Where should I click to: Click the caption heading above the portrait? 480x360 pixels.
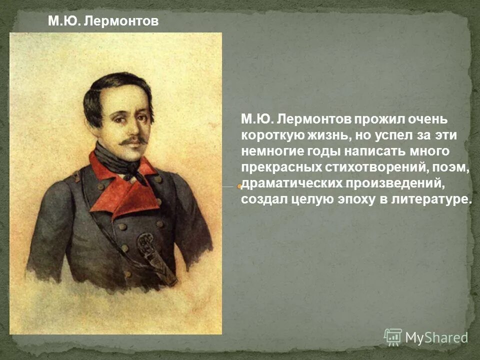tap(103, 21)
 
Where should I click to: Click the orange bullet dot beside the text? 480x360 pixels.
tap(240, 186)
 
